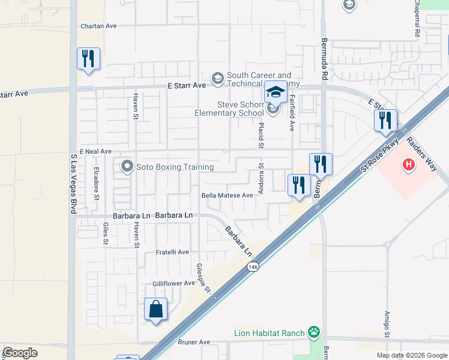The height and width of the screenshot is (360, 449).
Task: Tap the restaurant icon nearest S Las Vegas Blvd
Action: pos(88,59)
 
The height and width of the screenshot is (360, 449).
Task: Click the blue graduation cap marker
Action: pos(276,92)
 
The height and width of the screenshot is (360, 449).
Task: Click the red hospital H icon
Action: pos(409,164)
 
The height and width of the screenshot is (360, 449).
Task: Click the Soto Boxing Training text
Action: pos(175,167)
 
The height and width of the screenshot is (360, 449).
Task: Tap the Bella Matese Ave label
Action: pos(227,196)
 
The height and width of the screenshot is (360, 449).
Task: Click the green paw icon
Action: pos(313,332)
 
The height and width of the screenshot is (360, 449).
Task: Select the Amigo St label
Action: pos(387,324)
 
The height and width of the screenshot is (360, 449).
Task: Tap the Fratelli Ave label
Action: pos(172,253)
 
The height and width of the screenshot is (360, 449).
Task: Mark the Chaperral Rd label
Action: pos(417,19)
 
